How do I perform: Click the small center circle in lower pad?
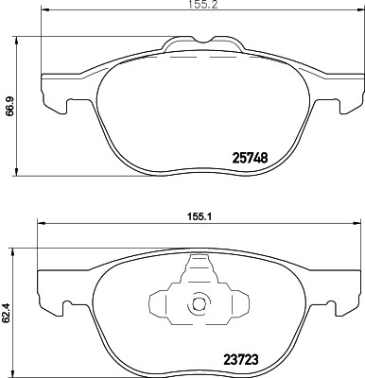click(199, 305)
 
